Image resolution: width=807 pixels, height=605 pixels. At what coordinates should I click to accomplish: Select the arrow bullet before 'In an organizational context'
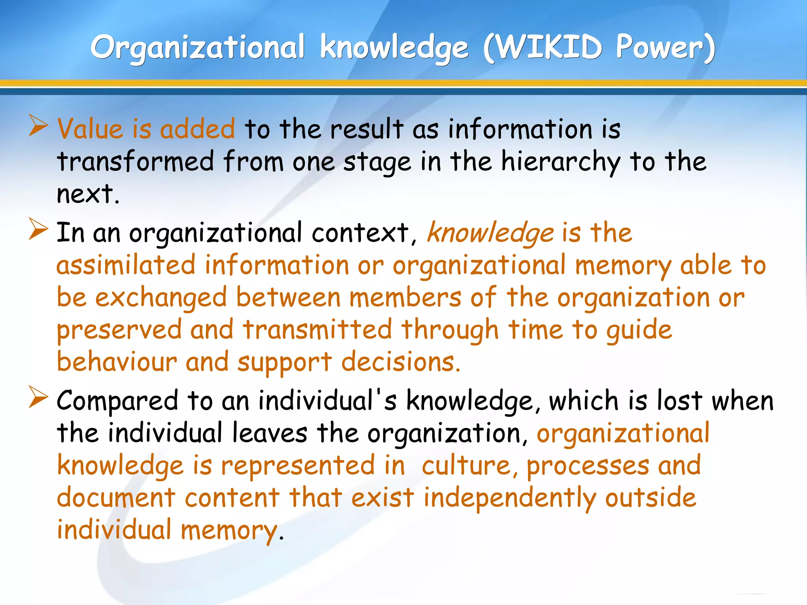coord(38,230)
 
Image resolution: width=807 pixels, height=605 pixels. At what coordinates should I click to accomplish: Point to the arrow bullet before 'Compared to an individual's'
coord(38,397)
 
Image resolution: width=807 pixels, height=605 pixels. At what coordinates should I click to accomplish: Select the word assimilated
coord(126,265)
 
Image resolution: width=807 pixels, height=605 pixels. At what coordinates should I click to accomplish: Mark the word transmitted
coord(318,330)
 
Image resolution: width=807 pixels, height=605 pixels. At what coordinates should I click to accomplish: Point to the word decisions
coord(400,362)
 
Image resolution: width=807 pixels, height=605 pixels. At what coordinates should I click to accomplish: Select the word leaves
coord(270,433)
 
